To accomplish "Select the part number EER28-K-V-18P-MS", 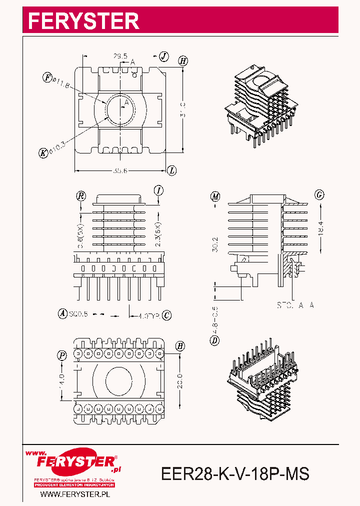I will click(235, 473).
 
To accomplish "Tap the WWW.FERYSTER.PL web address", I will click(74, 494).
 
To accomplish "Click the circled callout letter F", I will click(47, 77).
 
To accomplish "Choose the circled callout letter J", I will click(164, 56).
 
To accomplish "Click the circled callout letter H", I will click(183, 61).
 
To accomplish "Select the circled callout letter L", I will click(171, 170).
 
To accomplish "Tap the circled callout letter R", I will click(80, 195).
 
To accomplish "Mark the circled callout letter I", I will click(158, 190).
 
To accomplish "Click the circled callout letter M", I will click(215, 196).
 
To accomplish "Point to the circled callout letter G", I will click(319, 195).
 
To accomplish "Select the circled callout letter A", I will click(62, 314).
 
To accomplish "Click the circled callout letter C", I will click(167, 315).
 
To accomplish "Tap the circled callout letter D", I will click(215, 341).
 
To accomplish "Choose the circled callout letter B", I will click(180, 346).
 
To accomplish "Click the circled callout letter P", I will click(62, 355).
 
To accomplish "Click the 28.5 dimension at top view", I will click(119, 56).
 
